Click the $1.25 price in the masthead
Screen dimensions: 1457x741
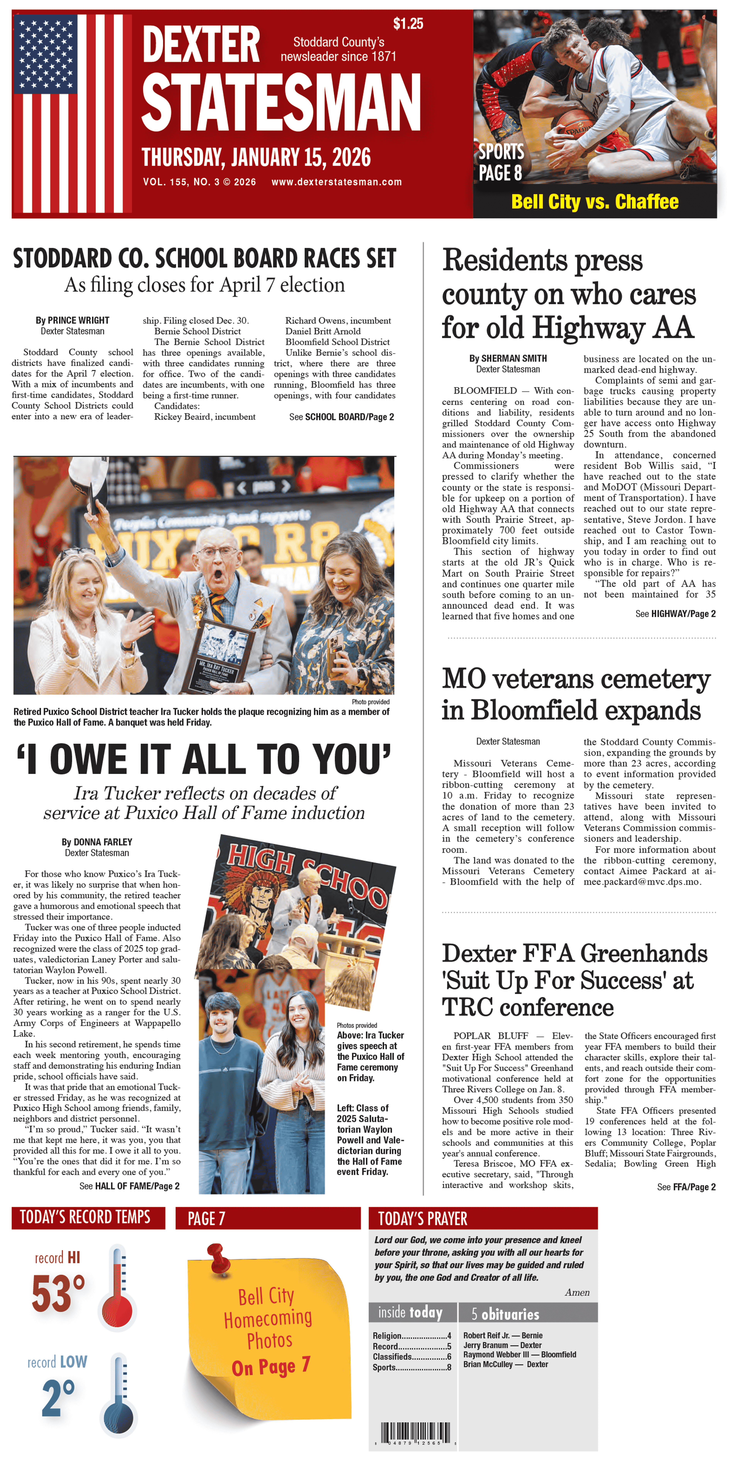[x=408, y=24]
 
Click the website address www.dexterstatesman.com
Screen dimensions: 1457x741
[x=337, y=182]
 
